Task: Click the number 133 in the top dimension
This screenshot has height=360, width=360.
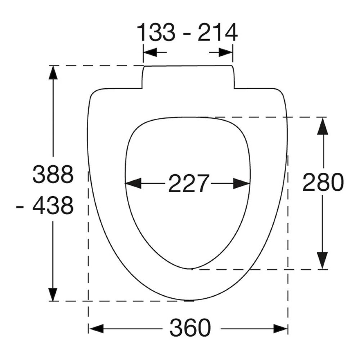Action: coord(156,32)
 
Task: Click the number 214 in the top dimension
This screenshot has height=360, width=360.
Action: coord(217,32)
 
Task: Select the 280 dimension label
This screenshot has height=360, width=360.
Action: coord(323,182)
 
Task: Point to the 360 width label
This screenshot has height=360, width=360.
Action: coord(190,328)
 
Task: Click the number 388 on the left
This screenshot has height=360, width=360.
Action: coord(53,174)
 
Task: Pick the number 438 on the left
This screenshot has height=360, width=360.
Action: coord(53,206)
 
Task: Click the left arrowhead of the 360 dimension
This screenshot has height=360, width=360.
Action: coord(96,329)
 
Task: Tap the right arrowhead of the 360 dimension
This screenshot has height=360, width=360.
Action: coord(280,329)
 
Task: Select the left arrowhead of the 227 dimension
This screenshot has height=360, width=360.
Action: coord(133,184)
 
